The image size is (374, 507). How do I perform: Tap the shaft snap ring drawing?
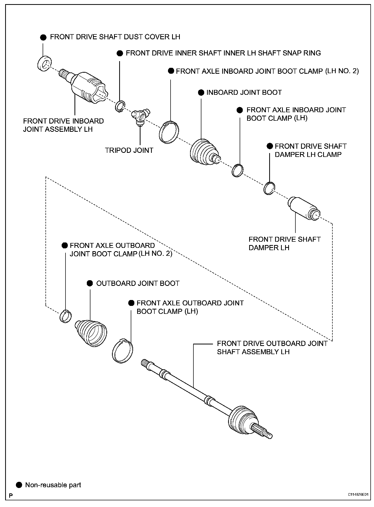[x=119, y=106]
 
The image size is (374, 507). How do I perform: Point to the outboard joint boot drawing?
[x=91, y=333]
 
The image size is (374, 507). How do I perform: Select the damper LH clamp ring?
[x=269, y=188]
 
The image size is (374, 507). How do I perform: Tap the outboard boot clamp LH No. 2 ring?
[x=66, y=316]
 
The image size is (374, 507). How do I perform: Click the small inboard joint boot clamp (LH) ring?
[x=237, y=170]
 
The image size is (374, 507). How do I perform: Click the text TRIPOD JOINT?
[x=129, y=150]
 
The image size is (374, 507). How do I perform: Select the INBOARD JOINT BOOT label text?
[x=244, y=92]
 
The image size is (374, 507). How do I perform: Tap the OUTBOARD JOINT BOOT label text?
[x=138, y=283]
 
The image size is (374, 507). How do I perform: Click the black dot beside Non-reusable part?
[x=19, y=485]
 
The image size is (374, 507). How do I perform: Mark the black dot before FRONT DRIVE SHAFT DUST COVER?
[x=43, y=37]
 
